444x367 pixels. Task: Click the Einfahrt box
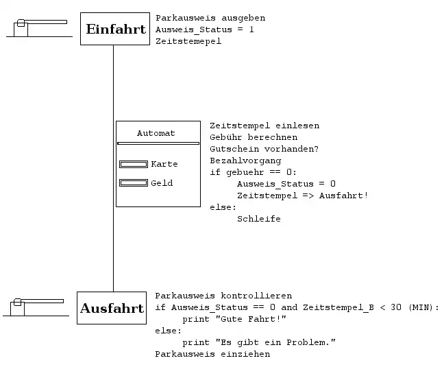point(114,29)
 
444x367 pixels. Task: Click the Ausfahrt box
point(112,308)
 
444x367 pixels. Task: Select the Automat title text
point(156,133)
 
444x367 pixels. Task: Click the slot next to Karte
point(134,164)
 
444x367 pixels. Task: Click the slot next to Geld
point(134,183)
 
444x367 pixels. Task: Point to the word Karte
point(164,164)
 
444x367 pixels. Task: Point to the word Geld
point(162,183)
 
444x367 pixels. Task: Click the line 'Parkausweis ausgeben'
point(210,18)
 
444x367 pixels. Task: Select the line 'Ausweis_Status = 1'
point(205,29)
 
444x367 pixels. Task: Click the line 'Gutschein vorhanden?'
point(264,149)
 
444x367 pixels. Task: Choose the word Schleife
point(258,219)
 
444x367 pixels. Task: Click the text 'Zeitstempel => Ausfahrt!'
point(302,196)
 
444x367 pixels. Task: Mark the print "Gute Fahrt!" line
point(233,319)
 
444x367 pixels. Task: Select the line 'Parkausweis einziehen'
point(212,354)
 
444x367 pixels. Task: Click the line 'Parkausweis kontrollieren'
point(223,296)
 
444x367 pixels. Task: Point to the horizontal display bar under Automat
point(158,143)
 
